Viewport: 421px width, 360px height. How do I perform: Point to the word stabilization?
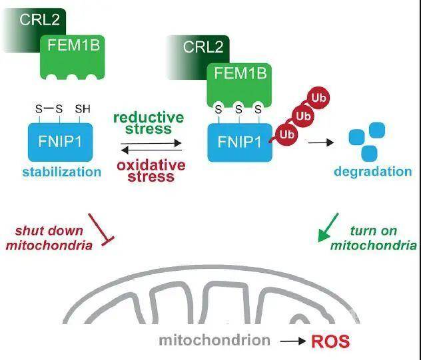(x=62, y=172)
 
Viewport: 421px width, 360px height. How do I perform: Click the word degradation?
(x=372, y=171)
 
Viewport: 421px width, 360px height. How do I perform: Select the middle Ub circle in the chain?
(x=303, y=116)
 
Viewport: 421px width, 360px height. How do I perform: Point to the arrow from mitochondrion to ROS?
(x=292, y=341)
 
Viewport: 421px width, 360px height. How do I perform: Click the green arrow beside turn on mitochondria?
(x=328, y=227)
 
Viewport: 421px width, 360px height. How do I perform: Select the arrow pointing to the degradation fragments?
(x=323, y=141)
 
